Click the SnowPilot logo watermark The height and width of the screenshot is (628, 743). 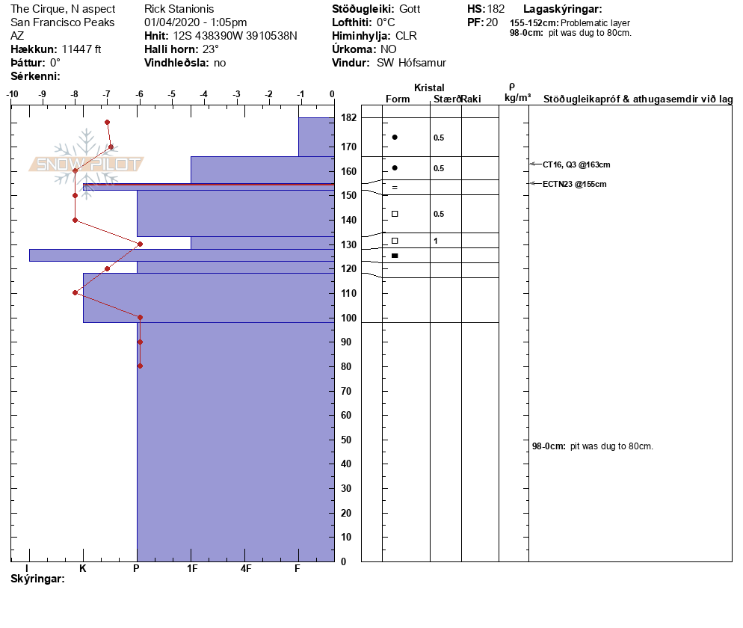[x=87, y=164]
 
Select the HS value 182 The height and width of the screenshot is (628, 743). [x=496, y=9]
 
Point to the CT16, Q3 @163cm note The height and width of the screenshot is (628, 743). [x=576, y=164]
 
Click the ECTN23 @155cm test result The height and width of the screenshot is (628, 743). [x=574, y=184]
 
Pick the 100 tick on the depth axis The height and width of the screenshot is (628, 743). [x=348, y=318]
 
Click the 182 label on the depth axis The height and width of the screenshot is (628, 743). [x=348, y=118]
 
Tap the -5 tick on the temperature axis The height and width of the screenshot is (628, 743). [x=172, y=94]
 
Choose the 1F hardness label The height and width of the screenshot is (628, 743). [x=191, y=569]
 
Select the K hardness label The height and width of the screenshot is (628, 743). [x=83, y=569]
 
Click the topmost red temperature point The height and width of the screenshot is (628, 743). [x=108, y=122]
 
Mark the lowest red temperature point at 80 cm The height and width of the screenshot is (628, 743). [x=140, y=366]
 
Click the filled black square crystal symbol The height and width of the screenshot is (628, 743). [x=395, y=256]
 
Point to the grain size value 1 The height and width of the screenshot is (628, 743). [x=435, y=241]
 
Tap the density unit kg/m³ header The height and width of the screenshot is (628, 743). [x=517, y=98]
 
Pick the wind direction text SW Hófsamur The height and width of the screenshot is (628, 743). [x=411, y=63]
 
